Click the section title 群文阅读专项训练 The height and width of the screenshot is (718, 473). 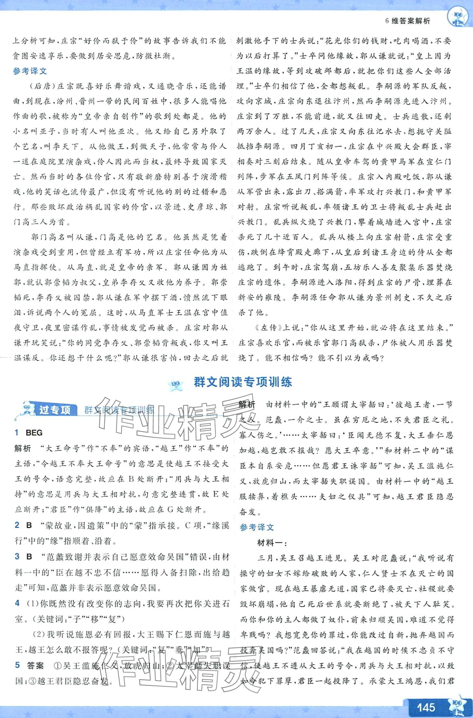[x=243, y=382]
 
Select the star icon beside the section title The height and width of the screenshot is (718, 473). [x=176, y=383]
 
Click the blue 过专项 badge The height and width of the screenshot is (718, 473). [x=54, y=410]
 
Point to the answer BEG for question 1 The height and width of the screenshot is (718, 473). [x=34, y=433]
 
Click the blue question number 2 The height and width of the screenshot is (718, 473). [x=17, y=525]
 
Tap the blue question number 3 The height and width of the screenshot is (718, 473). [x=17, y=556]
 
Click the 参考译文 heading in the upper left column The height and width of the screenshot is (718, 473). [x=30, y=71]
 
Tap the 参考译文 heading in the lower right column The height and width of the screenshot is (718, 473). [x=257, y=528]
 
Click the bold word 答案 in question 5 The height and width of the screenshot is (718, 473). [x=35, y=665]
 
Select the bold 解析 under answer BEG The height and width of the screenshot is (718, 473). [x=23, y=448]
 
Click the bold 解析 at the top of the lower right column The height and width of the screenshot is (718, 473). [x=247, y=404]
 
